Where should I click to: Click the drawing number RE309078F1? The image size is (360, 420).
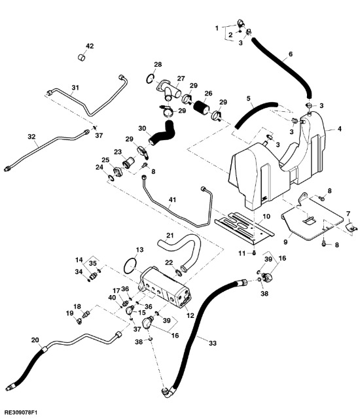tap(20, 411)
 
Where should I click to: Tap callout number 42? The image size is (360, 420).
tap(90, 46)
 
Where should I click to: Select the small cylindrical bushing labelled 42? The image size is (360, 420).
tap(81, 58)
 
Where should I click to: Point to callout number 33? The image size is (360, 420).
tap(212, 343)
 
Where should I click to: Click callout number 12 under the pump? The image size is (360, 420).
tap(190, 315)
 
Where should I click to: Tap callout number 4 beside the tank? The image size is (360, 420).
tap(340, 129)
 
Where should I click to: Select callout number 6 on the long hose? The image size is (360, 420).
tap(291, 54)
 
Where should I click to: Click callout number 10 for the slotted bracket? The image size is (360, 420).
tap(266, 216)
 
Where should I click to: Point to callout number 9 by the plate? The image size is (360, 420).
tap(285, 242)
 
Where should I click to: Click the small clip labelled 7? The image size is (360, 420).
tap(351, 226)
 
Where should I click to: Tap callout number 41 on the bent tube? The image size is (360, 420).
tap(172, 200)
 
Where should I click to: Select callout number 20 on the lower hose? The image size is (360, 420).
tap(35, 340)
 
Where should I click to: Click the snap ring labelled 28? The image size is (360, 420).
tap(151, 79)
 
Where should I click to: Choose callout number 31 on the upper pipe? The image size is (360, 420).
tap(75, 87)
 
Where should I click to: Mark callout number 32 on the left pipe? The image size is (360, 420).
tap(31, 137)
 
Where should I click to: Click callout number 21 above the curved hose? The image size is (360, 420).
tap(170, 236)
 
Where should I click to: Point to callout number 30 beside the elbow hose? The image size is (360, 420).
tap(142, 128)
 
